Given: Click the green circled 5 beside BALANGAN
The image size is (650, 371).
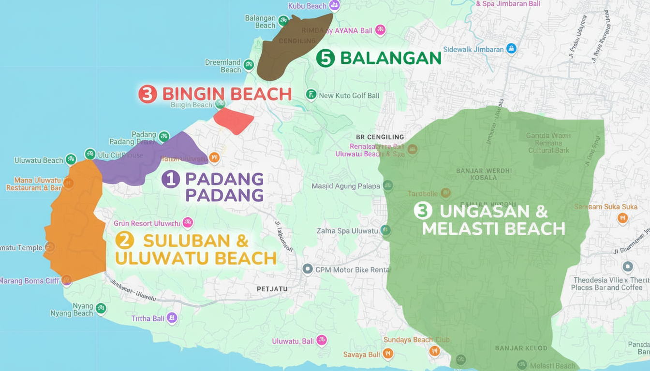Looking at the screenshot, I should pyautogui.click(x=325, y=58).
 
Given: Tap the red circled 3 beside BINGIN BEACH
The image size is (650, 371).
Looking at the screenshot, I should pyautogui.click(x=148, y=94).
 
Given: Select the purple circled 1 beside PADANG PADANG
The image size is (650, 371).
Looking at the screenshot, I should pyautogui.click(x=170, y=179).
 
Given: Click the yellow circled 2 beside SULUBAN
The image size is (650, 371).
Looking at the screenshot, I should pyautogui.click(x=125, y=240).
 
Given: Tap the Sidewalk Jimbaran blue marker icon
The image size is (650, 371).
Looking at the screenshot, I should pyautogui.click(x=511, y=49).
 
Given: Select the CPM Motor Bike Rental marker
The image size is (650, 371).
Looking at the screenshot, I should pyautogui.click(x=307, y=269).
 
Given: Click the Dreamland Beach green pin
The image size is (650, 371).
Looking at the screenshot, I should pyautogui.click(x=249, y=64).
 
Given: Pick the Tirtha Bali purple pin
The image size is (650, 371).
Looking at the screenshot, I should pyautogui.click(x=172, y=318).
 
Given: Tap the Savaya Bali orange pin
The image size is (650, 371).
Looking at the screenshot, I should pyautogui.click(x=387, y=354).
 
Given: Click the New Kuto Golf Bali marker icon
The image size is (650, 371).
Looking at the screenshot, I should pyautogui.click(x=311, y=95).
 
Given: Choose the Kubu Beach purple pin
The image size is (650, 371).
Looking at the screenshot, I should pyautogui.click(x=334, y=5).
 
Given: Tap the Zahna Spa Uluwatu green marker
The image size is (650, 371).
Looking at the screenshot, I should pyautogui.click(x=385, y=230).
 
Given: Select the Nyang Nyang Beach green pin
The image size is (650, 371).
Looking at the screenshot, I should pyautogui.click(x=101, y=308).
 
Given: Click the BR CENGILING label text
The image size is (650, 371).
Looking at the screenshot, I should pyautogui.click(x=380, y=137).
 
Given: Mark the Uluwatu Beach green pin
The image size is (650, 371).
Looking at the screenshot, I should pyautogui.click(x=71, y=159).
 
